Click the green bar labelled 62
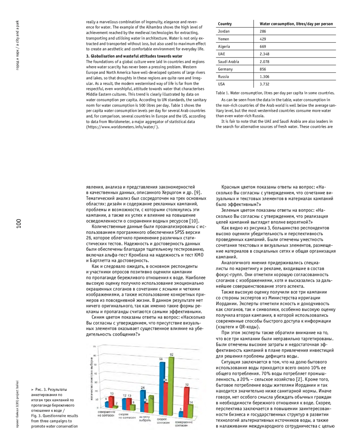click(171, 387)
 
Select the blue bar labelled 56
click(162, 387)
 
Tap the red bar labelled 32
click(187, 401)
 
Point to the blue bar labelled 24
click(143, 401)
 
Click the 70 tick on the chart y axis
click(94, 347)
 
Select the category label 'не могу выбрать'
click(145, 419)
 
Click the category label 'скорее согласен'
click(163, 421)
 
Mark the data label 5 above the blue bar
click(181, 409)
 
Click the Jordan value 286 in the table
click(263, 31)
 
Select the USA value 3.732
click(264, 84)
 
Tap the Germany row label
click(225, 69)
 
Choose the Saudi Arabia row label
click(228, 62)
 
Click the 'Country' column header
click(225, 24)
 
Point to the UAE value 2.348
click(264, 54)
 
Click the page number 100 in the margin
click(19, 223)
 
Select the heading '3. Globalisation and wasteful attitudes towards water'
click(134, 56)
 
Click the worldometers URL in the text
click(122, 127)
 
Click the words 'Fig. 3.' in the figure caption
click(36, 416)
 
